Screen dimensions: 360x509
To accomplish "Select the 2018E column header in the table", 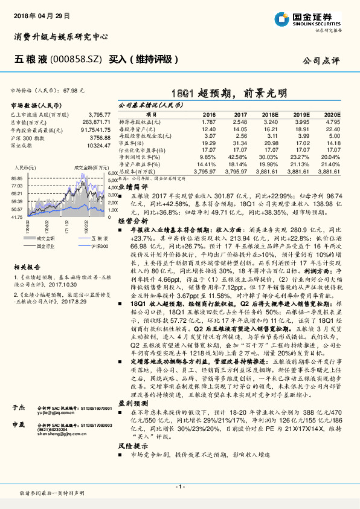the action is [270, 113].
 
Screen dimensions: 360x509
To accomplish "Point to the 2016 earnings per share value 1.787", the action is [207, 122].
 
